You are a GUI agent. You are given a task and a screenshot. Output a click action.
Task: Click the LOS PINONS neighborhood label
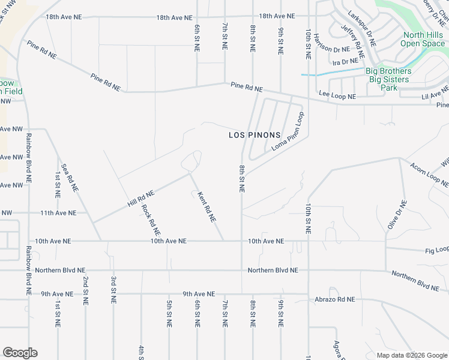coord(255,135)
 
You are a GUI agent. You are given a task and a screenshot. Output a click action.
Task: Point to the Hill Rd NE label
coord(141,198)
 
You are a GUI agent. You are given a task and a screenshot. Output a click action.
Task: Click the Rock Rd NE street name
coord(151,220)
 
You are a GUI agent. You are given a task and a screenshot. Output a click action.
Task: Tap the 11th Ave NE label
coord(58,213)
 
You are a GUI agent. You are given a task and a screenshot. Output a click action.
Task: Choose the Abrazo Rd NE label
coord(334,299)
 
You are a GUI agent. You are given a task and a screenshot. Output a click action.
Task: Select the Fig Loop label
coord(437,250)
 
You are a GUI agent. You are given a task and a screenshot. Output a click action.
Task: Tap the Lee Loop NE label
coord(337,95)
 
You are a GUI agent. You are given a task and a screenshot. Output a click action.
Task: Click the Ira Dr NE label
coord(345,62)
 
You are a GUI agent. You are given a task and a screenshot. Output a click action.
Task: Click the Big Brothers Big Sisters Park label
coord(388,79)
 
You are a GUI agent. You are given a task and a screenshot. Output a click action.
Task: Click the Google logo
coord(20,353)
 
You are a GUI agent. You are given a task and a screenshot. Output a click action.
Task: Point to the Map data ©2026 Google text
coord(412,355)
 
